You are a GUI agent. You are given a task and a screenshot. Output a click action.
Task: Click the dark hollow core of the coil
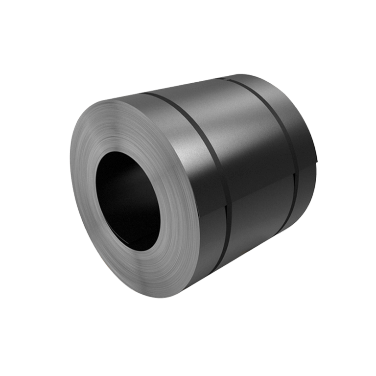pyautogui.click(x=128, y=198)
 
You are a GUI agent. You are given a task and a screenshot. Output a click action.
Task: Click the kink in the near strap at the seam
pyautogui.click(x=226, y=205)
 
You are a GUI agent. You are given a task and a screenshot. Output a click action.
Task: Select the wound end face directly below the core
pyautogui.click(x=142, y=269)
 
